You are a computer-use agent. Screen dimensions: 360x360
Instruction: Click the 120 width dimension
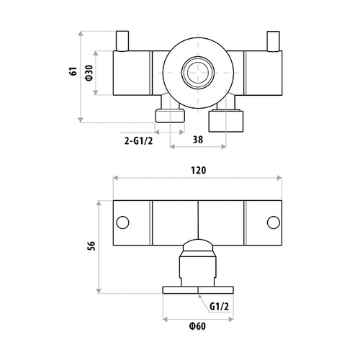(199, 171)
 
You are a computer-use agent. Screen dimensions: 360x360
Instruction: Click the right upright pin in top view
(273, 40)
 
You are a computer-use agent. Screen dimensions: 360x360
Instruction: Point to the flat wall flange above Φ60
(198, 290)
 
